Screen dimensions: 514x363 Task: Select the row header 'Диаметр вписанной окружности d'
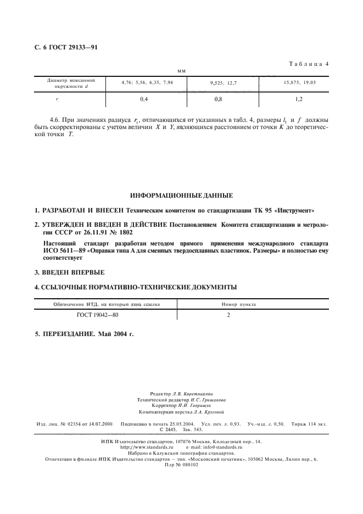coord(68,83)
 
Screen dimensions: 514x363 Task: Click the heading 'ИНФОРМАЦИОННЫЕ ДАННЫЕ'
coord(181,195)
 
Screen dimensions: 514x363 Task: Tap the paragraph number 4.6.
coord(56,120)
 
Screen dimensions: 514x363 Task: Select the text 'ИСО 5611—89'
coord(65,250)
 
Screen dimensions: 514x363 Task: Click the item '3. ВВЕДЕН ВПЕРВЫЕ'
coord(69,272)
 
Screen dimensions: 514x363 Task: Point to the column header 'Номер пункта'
coord(238,304)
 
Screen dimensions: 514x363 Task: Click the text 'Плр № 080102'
coord(181,464)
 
